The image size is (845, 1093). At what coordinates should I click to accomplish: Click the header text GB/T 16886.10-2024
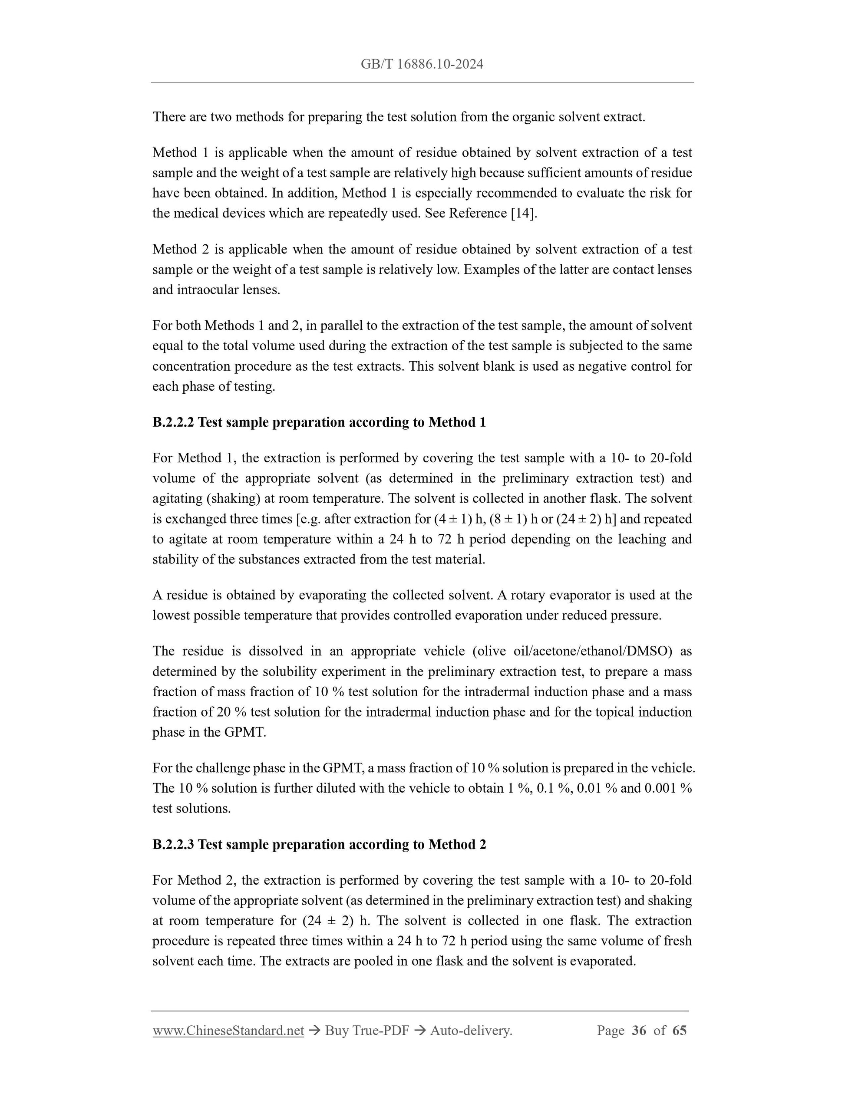[422, 64]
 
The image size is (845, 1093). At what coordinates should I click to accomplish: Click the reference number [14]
[523, 213]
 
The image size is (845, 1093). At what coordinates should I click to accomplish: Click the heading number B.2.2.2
[173, 422]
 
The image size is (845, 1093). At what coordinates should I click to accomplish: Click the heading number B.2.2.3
[173, 845]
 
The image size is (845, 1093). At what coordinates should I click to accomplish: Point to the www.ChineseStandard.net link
[228, 1030]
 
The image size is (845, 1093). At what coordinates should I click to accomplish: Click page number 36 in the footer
[639, 1030]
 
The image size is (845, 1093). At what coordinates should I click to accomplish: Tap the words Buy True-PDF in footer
[366, 1030]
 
